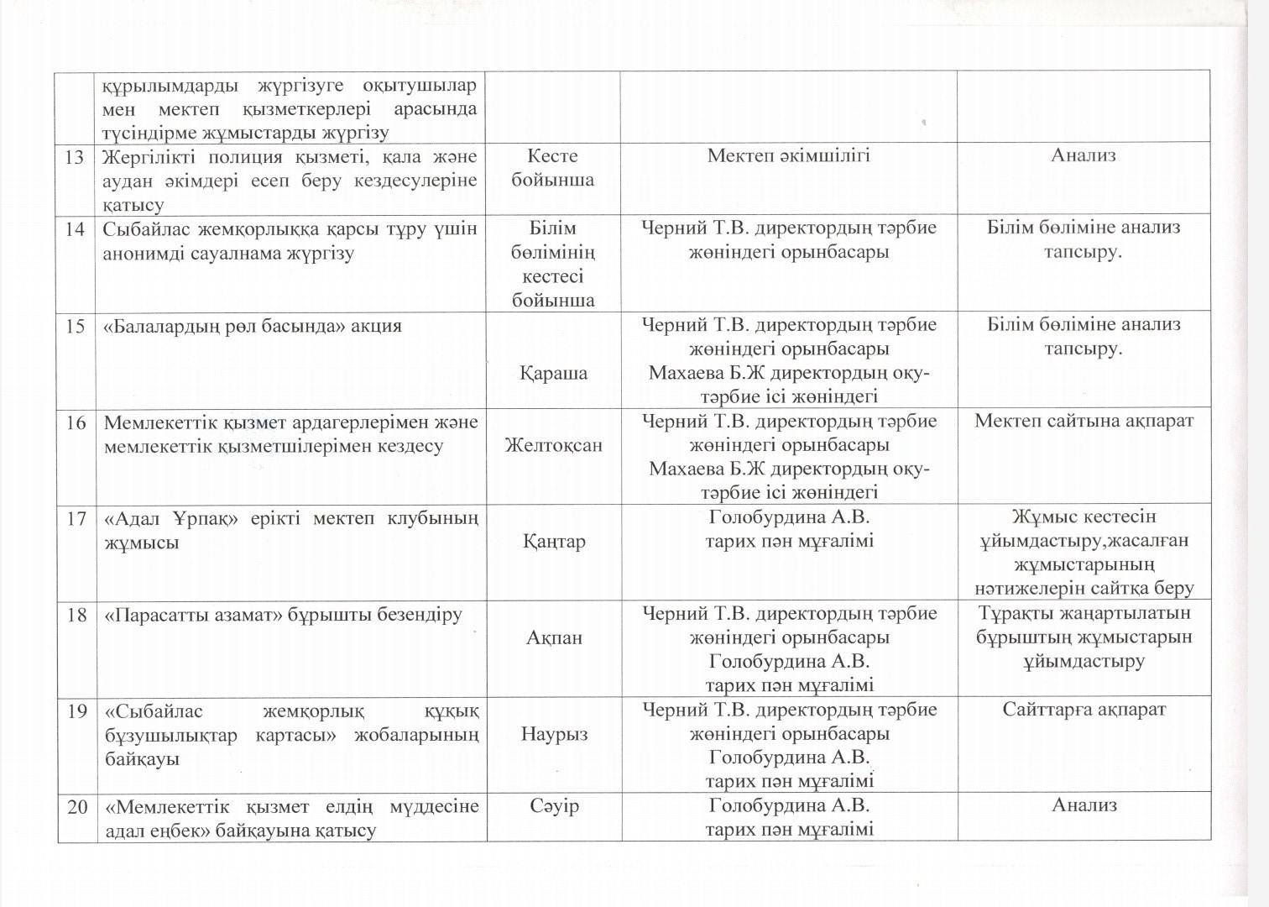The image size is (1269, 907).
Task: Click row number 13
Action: (x=76, y=157)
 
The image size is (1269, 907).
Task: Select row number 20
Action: (x=76, y=807)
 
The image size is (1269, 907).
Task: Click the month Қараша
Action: (x=554, y=373)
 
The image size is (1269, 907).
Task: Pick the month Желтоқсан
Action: (x=554, y=445)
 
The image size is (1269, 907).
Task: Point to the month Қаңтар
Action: (x=554, y=542)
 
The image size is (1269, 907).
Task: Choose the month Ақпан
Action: (x=554, y=638)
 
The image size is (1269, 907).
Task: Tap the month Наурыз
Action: (x=554, y=734)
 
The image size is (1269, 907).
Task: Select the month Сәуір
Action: (x=554, y=806)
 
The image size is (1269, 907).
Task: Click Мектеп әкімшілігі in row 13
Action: (x=788, y=155)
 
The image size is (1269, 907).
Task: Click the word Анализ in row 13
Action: (x=1084, y=155)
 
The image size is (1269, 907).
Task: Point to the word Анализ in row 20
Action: (x=1084, y=806)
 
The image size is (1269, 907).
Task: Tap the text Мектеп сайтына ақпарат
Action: (x=1084, y=421)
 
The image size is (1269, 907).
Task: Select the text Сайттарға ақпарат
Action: (x=1084, y=710)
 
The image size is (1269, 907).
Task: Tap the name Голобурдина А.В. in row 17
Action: (x=789, y=517)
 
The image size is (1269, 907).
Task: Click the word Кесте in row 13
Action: (x=553, y=156)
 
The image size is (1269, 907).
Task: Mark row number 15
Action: (x=76, y=326)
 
